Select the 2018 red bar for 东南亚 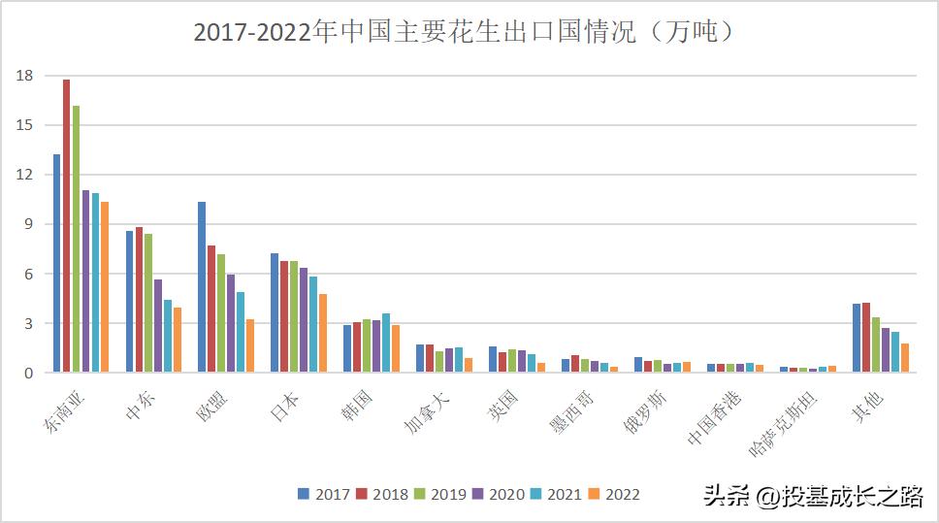pos(67,226)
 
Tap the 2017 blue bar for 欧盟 pos(202,287)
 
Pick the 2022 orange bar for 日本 pos(323,333)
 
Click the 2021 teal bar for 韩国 pos(386,343)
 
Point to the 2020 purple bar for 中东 pos(158,326)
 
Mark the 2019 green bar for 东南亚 pos(77,239)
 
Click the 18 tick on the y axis pos(25,76)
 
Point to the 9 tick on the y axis pos(29,224)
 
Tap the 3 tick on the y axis pos(29,323)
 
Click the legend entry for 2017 pos(322,494)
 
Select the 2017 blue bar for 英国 pos(493,359)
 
